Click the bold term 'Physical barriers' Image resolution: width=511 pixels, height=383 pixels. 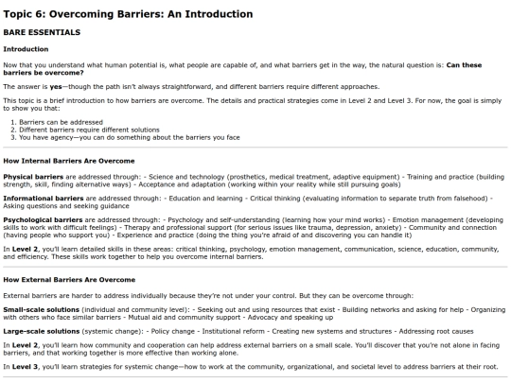30,176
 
